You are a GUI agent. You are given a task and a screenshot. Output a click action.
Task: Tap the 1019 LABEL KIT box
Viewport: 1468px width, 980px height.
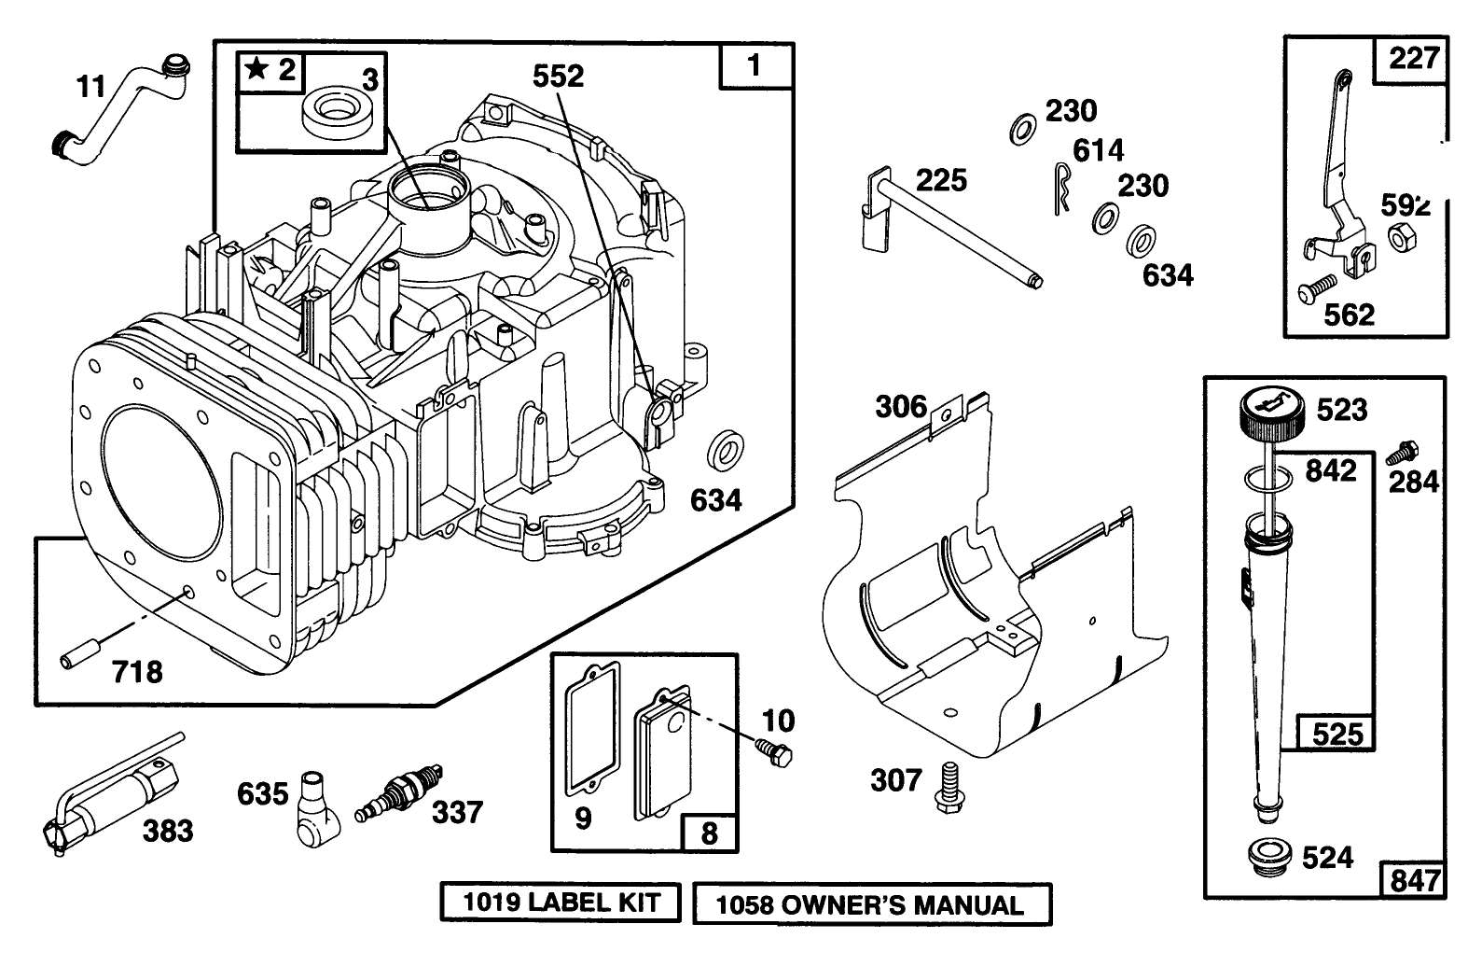(561, 903)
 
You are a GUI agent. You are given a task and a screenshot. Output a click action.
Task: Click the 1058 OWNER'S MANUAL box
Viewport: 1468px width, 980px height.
(871, 904)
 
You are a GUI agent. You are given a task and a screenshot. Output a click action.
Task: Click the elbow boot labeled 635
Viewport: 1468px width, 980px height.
(313, 806)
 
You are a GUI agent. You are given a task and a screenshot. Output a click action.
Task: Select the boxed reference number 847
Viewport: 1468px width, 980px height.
(1414, 880)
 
